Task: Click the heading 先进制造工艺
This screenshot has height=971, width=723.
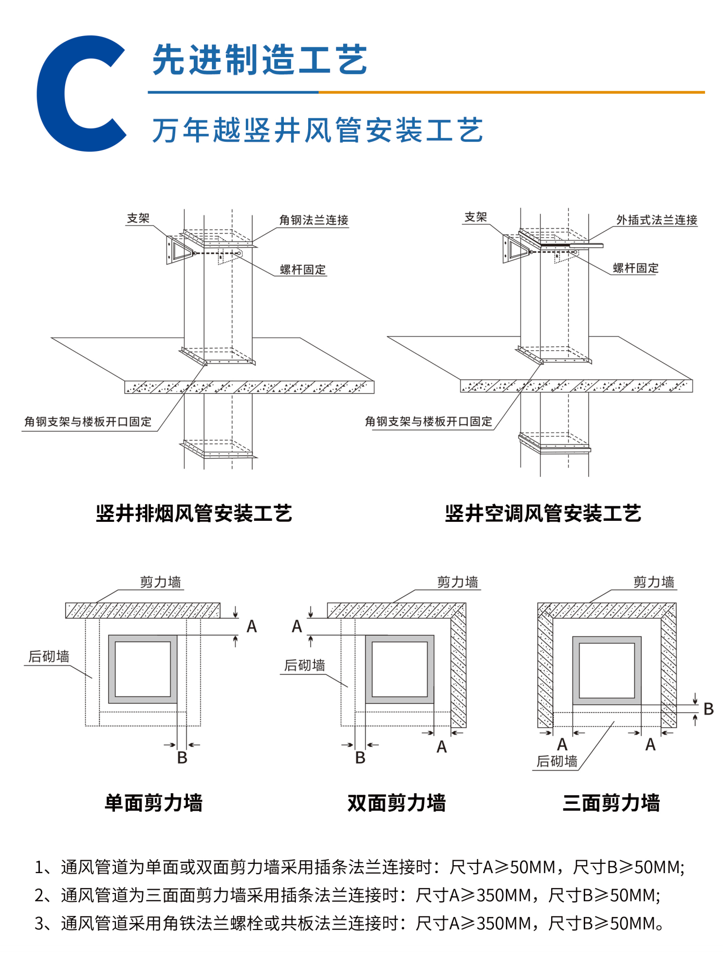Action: (x=260, y=60)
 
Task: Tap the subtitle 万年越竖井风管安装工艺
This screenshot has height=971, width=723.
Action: (x=317, y=131)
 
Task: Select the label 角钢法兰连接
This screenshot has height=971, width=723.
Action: (x=314, y=220)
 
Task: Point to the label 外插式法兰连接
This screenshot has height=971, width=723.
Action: (x=656, y=220)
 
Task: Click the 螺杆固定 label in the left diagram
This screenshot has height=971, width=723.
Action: (x=302, y=269)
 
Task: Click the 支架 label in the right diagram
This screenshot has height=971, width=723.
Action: (x=475, y=217)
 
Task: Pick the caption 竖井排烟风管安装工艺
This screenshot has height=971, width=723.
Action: (x=194, y=514)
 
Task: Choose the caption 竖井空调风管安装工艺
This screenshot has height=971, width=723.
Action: (x=543, y=514)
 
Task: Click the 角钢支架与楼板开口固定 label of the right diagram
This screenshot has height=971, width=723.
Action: (x=428, y=421)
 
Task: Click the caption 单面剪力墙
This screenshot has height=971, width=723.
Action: (x=153, y=802)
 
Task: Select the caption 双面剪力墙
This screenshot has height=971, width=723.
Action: (x=396, y=802)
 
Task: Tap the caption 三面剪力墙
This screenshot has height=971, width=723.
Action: (x=611, y=802)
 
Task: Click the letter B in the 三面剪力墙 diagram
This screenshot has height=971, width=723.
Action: (x=708, y=709)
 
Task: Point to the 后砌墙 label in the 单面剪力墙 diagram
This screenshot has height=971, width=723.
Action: (x=49, y=656)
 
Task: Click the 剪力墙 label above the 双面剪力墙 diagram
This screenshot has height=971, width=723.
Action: (x=457, y=582)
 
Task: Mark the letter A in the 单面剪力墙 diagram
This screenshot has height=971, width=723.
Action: (x=251, y=626)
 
